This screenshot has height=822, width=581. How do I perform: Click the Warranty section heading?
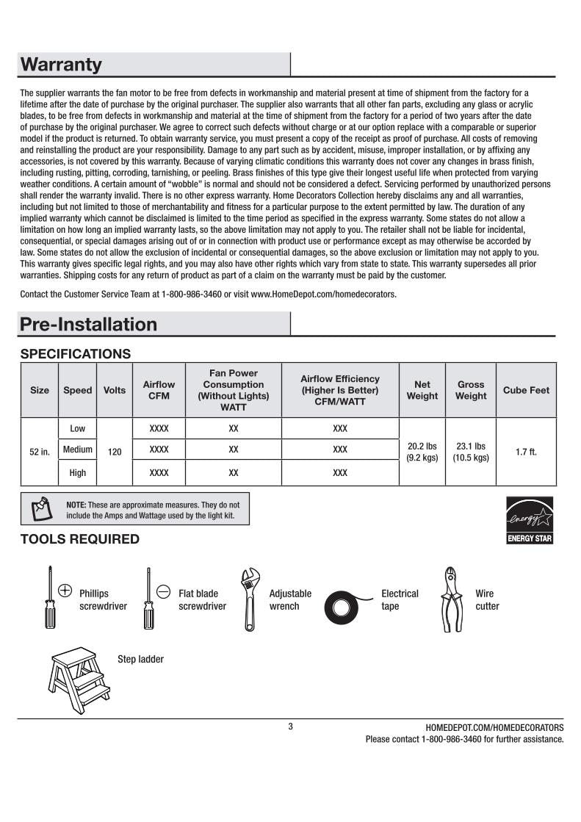point(62,65)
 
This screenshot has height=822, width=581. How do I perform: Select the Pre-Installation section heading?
point(89,324)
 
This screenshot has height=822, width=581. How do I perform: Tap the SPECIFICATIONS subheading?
point(76,354)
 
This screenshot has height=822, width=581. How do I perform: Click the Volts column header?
point(115,390)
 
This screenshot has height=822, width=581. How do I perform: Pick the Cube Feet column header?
point(526,390)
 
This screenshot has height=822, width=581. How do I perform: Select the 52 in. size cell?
point(40,452)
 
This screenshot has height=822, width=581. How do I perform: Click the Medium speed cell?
point(77,450)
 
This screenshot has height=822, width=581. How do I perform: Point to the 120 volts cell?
point(115,452)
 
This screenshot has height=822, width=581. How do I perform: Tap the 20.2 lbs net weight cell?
point(422,452)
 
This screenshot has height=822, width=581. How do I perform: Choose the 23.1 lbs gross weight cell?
point(471,452)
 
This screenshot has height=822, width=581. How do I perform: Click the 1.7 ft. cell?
point(526,452)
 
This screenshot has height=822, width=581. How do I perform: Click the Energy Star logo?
point(530,520)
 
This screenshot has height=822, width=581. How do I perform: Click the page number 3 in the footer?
point(290,727)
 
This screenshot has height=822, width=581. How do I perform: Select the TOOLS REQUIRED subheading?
point(79,539)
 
